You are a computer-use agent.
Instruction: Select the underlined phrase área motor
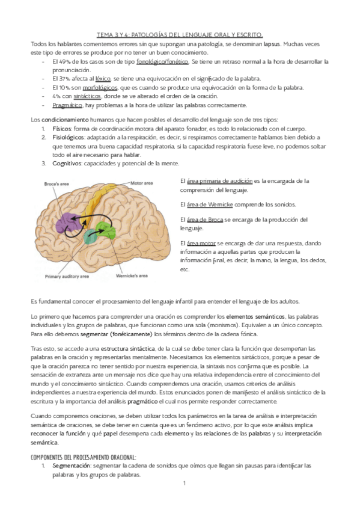click(x=194, y=242)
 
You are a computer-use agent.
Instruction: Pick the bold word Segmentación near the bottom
click(x=73, y=465)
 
